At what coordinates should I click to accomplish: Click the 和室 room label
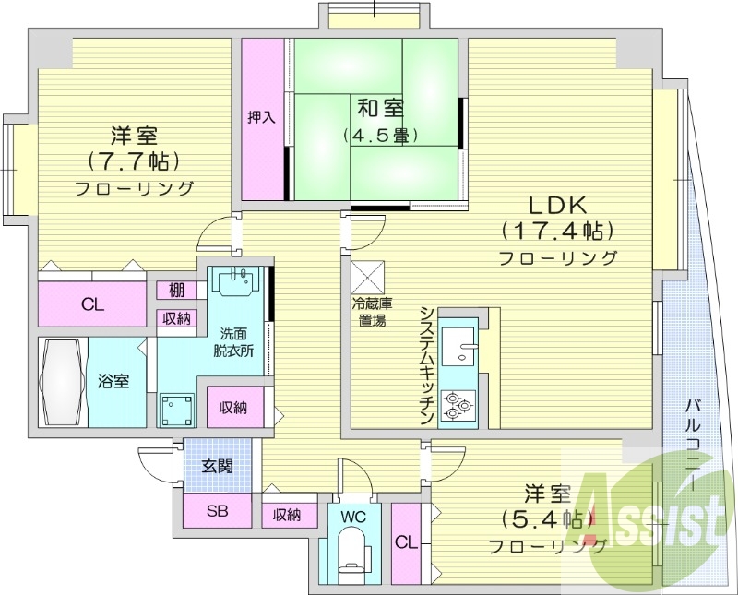[380, 108]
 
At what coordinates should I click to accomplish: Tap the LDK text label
[557, 205]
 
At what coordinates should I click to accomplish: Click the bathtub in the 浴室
[63, 382]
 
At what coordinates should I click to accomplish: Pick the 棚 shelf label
[175, 291]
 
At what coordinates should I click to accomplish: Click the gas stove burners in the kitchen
[458, 404]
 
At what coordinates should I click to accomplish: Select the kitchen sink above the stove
[458, 348]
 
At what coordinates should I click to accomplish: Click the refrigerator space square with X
[366, 277]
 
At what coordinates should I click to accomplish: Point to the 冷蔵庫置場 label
[372, 313]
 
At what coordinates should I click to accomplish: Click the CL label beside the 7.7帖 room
[91, 304]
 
